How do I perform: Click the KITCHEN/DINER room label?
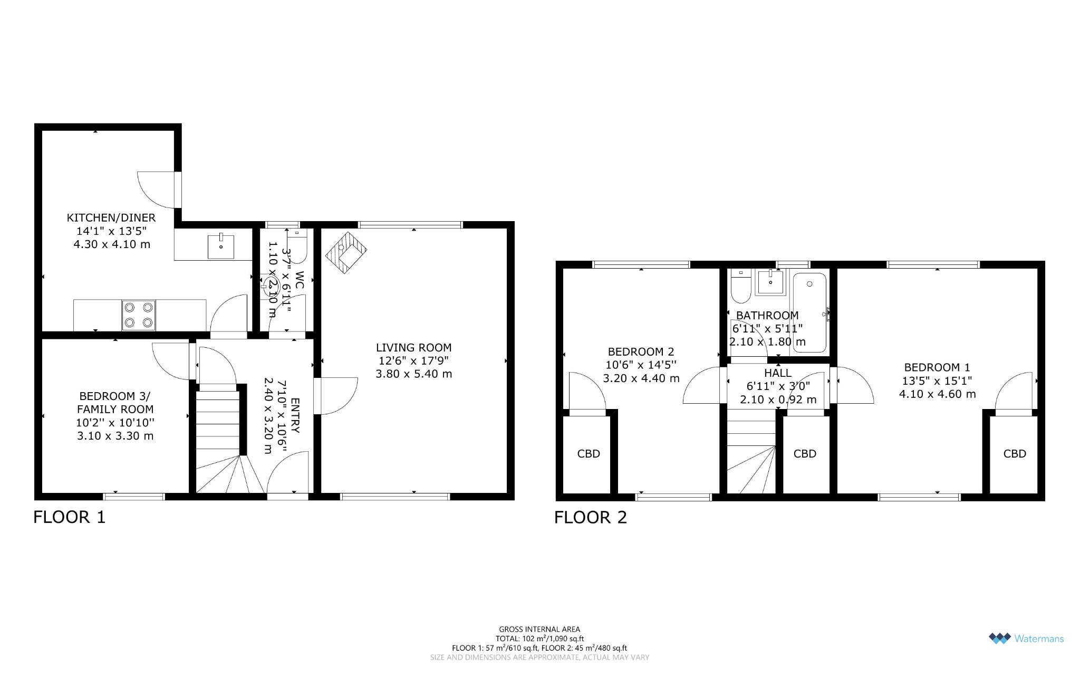pos(111,217)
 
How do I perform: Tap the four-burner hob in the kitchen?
pos(139,315)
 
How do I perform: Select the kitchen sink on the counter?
pos(221,246)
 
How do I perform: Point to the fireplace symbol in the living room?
pos(346,252)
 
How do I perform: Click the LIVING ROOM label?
pos(414,348)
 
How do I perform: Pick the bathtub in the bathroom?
pos(809,312)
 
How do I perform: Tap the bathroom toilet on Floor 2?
pos(741,287)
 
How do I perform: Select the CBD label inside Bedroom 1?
pos(1015,454)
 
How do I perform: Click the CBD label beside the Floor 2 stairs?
pos(805,454)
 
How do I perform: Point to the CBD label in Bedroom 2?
pos(589,454)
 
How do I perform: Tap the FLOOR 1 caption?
pos(70,517)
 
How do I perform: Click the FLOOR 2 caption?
pos(591,518)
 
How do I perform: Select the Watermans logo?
pos(1026,639)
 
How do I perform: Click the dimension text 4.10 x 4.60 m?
pos(938,394)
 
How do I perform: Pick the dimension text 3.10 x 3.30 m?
pos(115,436)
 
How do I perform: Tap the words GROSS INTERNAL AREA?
pos(539,629)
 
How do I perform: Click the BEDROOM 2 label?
pos(641,352)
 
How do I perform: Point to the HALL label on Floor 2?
pos(778,373)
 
